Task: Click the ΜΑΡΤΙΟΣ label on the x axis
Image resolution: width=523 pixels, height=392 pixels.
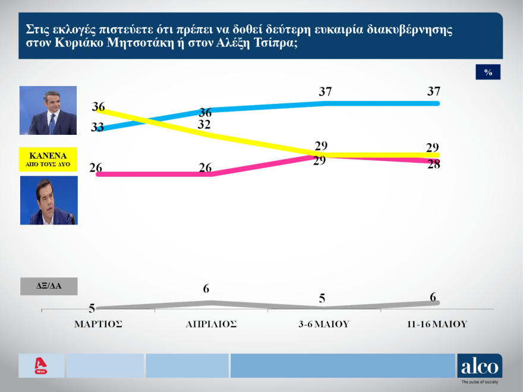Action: point(98,324)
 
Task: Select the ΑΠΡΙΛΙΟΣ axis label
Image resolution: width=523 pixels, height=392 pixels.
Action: point(211,324)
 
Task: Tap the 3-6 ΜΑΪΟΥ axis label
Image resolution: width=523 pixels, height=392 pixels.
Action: point(324,324)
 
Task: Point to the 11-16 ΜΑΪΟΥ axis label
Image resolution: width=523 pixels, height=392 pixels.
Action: point(437,324)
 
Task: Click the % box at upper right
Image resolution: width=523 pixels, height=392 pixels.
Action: point(488,72)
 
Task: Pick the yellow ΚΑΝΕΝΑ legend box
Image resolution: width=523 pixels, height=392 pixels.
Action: point(48,160)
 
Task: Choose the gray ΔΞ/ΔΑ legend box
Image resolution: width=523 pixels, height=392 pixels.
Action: point(48,286)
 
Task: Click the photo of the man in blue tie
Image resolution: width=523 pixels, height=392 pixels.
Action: point(48,110)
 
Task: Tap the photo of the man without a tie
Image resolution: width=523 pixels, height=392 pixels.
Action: point(48,200)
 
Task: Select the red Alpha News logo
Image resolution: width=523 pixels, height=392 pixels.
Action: point(41,366)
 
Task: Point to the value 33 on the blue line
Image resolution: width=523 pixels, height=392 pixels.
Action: point(97,127)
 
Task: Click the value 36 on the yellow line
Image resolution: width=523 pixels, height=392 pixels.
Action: point(99,107)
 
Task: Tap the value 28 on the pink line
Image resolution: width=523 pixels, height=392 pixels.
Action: point(433,165)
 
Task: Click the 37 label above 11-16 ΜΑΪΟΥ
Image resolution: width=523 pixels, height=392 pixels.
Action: point(433,91)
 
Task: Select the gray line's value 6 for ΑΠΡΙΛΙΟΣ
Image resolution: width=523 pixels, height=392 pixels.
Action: point(206,289)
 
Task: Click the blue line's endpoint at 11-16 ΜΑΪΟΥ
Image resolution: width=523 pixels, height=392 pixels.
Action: point(437,103)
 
